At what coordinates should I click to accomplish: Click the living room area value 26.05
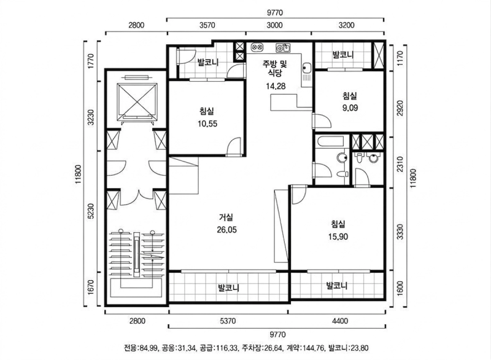pos(226,230)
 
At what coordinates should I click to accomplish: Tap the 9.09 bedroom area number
pos(350,108)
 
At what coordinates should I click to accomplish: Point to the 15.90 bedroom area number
pos(338,236)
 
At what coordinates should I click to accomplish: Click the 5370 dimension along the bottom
pos(228,320)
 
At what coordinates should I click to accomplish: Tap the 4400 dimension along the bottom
pos(338,320)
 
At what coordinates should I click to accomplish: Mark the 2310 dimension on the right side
pos(400,164)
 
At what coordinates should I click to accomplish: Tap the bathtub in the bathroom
pos(331,144)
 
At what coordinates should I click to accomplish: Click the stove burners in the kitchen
pos(257,47)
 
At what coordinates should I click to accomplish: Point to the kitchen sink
pos(283,47)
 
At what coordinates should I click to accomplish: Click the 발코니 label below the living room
pos(228,288)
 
